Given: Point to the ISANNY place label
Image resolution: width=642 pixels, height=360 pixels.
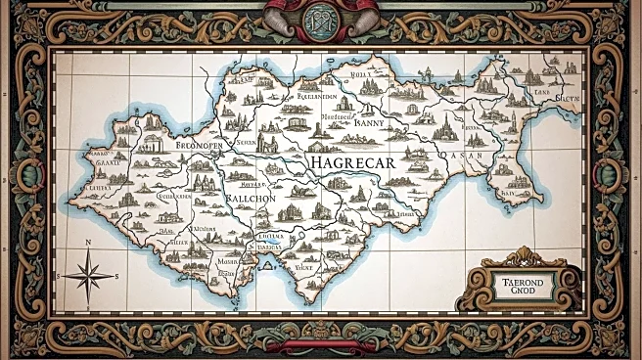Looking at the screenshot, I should coord(355,123).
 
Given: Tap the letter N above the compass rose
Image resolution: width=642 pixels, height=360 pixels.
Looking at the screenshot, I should coord(88,242).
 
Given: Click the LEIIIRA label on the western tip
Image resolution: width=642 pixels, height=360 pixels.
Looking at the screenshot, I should coord(98,186).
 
